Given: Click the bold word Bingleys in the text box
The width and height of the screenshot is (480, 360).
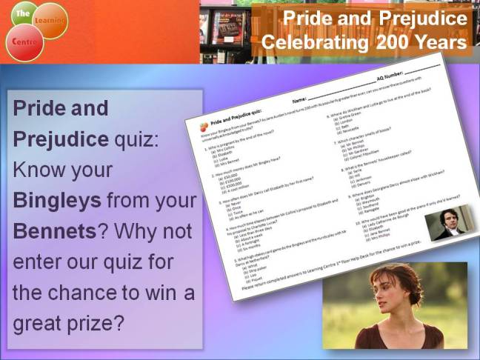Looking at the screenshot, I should click(58, 201).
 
